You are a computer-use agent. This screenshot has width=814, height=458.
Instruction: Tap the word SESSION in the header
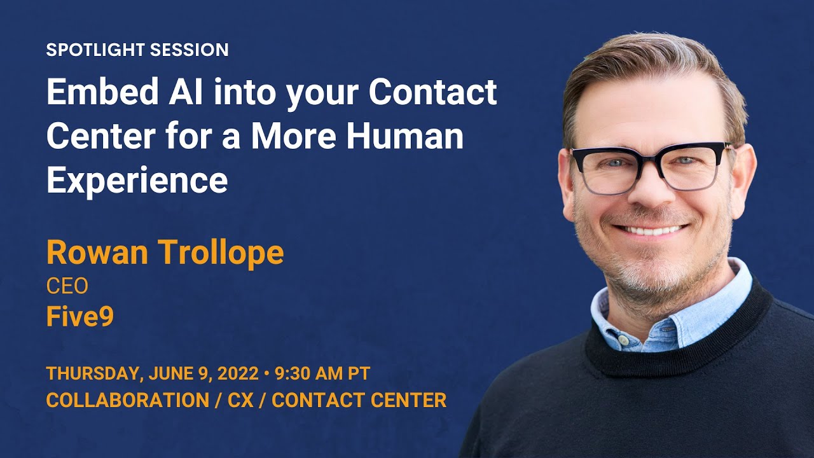(190, 50)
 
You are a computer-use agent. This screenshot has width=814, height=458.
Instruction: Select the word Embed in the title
(102, 91)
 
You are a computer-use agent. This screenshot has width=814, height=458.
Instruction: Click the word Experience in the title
(137, 180)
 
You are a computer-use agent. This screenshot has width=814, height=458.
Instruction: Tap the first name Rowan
(97, 253)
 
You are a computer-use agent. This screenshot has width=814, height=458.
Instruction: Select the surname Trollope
(221, 253)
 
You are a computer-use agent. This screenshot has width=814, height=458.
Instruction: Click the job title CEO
(67, 286)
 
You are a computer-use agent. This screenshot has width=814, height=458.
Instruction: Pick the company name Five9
(80, 317)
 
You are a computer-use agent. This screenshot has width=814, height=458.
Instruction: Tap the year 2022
(238, 373)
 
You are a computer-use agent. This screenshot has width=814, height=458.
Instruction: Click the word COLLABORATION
(128, 400)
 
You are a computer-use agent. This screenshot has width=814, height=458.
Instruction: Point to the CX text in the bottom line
(240, 400)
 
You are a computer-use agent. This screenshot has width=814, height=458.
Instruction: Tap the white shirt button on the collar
(623, 340)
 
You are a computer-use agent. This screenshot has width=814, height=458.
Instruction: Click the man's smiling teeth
(651, 230)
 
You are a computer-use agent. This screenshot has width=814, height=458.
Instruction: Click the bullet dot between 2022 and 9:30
(267, 374)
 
